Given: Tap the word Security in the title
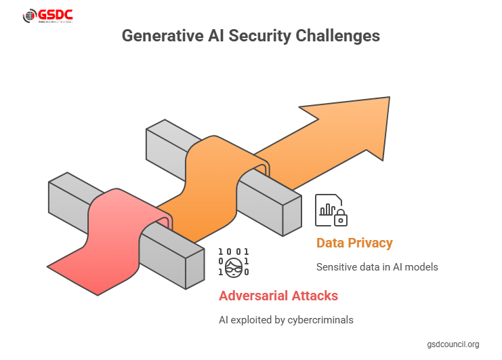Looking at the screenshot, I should [x=262, y=36].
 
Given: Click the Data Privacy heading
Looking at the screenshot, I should [x=354, y=243].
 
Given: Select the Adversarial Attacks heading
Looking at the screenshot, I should [x=278, y=296].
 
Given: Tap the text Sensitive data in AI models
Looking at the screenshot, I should [x=377, y=266].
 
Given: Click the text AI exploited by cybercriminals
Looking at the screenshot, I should [x=287, y=319].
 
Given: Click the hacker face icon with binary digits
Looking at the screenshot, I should [x=234, y=262].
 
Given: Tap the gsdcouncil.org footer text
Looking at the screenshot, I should [x=453, y=344].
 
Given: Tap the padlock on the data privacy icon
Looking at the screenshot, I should [x=341, y=218].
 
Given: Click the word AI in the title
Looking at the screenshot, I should [x=214, y=36].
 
